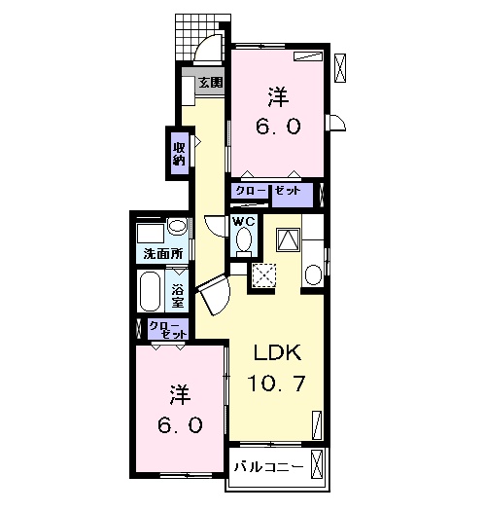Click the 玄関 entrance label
point(211,83)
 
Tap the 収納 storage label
point(180,154)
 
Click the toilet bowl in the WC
point(245,239)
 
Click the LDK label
point(275,351)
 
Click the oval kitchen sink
point(312,274)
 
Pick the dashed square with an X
point(264,275)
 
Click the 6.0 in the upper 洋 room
point(278,126)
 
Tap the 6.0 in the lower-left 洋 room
point(181,425)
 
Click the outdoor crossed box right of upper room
point(340,67)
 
